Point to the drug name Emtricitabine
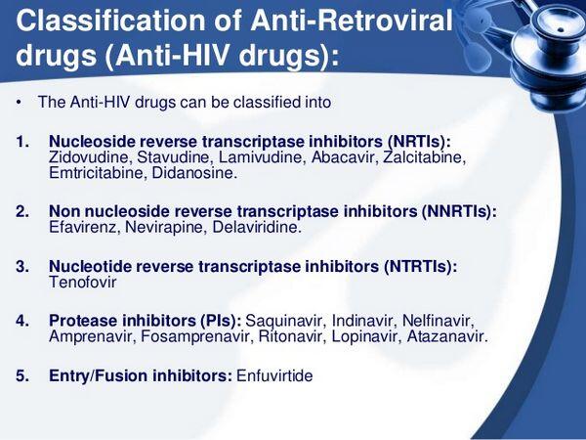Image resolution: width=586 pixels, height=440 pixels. (x=93, y=172)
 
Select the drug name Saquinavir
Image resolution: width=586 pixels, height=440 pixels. (x=285, y=321)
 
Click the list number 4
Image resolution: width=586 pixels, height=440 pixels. (x=22, y=321)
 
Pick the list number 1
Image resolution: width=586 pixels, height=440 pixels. (x=22, y=141)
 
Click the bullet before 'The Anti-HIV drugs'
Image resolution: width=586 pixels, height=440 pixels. (x=21, y=103)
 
